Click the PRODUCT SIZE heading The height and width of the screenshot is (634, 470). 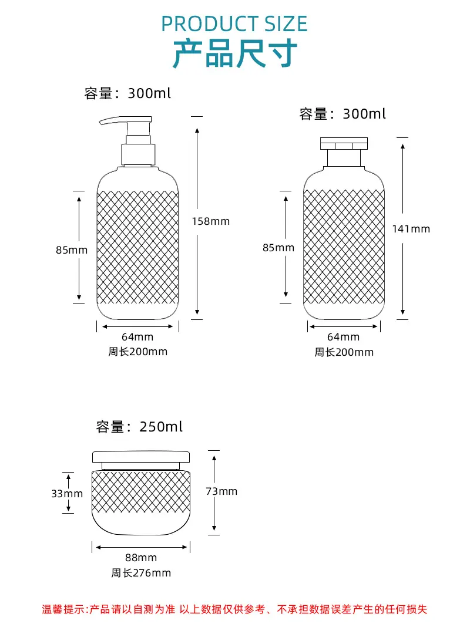coord(234,24)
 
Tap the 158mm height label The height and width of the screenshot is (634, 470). coord(211,221)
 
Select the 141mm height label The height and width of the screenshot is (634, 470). coord(411,229)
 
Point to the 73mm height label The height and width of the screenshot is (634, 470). coord(221,491)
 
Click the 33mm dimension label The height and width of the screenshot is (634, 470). coord(67,494)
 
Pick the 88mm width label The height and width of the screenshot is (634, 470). coord(141,558)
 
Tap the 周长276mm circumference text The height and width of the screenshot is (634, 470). coord(141,573)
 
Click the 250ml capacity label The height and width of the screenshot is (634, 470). coord(139,427)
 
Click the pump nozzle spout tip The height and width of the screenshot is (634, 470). coord(101,122)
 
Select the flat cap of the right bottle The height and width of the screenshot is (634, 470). coord(344,144)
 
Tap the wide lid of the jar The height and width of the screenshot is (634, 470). coord(141,457)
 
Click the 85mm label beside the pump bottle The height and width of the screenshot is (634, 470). coord(72,250)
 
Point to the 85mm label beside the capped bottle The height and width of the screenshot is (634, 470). coord(278,248)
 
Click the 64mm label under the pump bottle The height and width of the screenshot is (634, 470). coord(137,337)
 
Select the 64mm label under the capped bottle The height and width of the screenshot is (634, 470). coord(343,337)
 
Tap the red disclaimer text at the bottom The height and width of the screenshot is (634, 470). coord(234,609)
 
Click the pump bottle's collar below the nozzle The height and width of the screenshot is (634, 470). coord(139,154)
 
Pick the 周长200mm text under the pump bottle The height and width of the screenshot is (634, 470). coord(137,352)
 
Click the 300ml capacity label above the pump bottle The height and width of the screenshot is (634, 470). coord(127,93)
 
